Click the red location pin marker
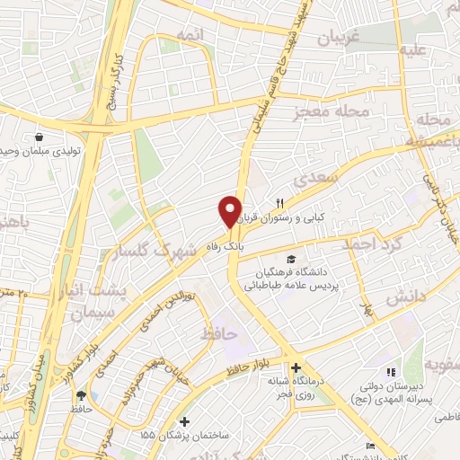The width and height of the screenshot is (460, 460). pyautogui.click(x=230, y=212)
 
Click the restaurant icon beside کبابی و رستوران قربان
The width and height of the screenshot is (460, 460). pyautogui.click(x=279, y=203)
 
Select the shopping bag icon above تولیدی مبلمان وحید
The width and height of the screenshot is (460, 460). pyautogui.click(x=40, y=137)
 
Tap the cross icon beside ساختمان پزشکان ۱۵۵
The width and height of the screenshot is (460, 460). pyautogui.click(x=185, y=421)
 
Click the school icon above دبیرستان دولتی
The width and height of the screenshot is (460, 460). pyautogui.click(x=389, y=372)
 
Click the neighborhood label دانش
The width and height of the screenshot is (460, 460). pyautogui.click(x=399, y=299)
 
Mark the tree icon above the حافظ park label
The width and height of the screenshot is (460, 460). pyautogui.click(x=81, y=394)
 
